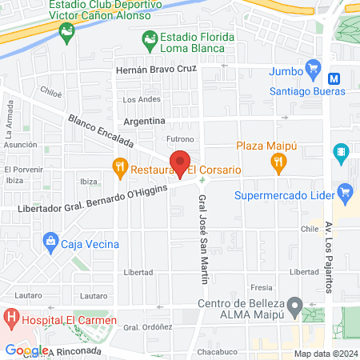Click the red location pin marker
181,163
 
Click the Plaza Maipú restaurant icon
278,163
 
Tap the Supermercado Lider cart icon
346,192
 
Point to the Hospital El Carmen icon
11,318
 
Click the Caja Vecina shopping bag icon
50,240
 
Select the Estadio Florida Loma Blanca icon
149,38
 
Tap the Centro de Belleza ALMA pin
295,305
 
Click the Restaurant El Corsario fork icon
120,167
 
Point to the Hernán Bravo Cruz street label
156,70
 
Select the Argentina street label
144,121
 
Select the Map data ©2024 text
323,354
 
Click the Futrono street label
181,138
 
